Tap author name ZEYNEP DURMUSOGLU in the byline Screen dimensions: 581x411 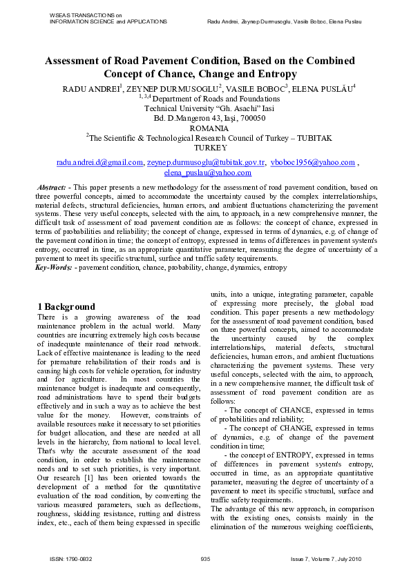178,90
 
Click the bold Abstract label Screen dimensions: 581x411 52,187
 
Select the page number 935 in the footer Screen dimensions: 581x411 205,558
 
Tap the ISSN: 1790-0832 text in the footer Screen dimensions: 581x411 73,558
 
